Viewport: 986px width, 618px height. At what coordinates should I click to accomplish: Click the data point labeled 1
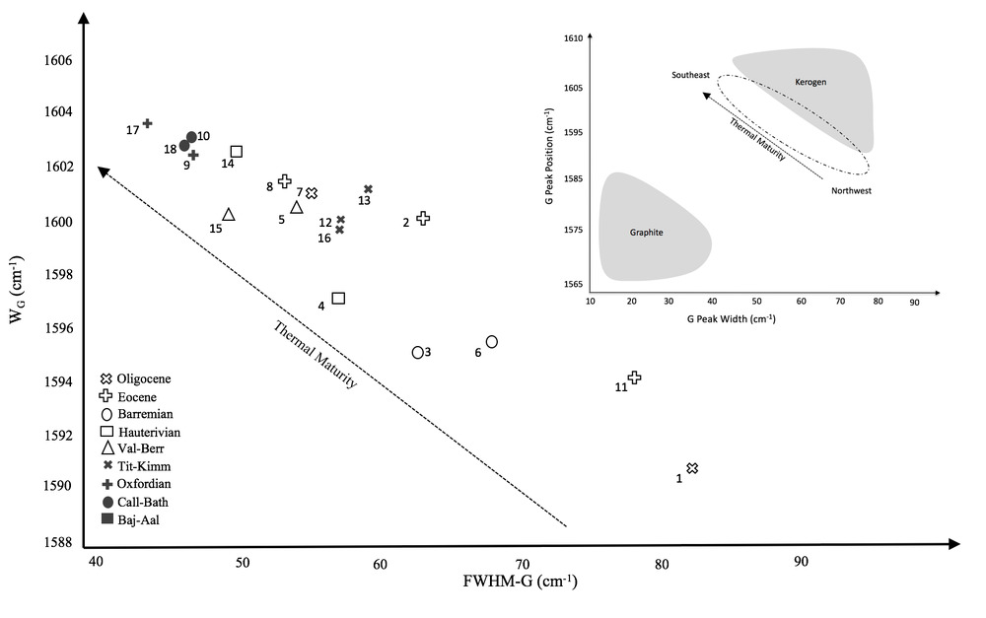(692, 468)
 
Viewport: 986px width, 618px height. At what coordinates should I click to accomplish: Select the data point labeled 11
(635, 378)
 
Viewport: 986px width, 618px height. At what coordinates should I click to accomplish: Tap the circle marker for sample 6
(492, 341)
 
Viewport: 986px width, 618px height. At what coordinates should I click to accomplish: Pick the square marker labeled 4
(338, 298)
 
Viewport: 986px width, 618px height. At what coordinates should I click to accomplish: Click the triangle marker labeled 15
(229, 215)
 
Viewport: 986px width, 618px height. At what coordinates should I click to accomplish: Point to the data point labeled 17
(147, 123)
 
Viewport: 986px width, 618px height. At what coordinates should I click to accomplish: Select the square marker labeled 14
(237, 152)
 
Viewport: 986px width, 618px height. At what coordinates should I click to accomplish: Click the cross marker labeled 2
(423, 218)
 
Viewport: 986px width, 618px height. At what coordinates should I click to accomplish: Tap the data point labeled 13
(368, 189)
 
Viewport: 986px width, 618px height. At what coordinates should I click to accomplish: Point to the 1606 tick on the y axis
(59, 60)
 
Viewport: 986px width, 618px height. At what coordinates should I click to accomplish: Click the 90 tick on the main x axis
(802, 562)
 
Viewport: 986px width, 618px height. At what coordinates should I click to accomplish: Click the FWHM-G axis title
(520, 581)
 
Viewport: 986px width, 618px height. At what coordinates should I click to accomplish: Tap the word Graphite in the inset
(647, 234)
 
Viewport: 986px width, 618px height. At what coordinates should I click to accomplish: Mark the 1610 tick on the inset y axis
(573, 37)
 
